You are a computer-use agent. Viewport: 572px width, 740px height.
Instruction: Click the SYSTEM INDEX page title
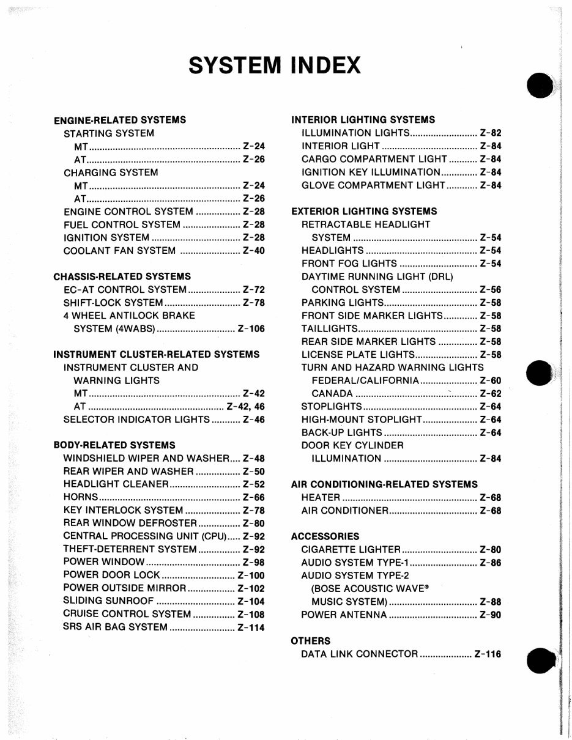[x=275, y=64]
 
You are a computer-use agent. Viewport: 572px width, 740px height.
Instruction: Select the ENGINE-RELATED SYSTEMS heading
[x=120, y=120]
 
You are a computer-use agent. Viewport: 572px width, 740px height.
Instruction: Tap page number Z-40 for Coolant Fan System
[x=253, y=251]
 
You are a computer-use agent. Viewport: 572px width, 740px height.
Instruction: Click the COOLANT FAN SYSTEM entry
[x=119, y=251]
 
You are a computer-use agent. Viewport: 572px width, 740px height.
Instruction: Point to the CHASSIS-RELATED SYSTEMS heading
[x=122, y=276]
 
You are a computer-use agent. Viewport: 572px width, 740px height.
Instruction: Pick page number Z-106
[x=251, y=329]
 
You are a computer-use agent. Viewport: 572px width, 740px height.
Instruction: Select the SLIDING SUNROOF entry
[x=108, y=601]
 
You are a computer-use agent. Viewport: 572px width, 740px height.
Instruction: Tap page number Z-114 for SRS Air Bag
[x=251, y=627]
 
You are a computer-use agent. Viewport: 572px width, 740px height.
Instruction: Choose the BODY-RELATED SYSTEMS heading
[x=114, y=445]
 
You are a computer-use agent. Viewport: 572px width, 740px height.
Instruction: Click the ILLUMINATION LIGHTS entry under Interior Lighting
[x=355, y=133]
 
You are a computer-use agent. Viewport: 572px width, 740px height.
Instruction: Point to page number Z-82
[x=491, y=133]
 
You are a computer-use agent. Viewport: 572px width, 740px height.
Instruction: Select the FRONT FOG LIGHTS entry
[x=349, y=264]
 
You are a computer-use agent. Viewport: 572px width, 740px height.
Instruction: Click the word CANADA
[x=332, y=394]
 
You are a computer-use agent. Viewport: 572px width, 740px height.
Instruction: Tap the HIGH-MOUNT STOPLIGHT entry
[x=362, y=420]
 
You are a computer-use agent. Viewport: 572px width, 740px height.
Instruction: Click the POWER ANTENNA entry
[x=344, y=615]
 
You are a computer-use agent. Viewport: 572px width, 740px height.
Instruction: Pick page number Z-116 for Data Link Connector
[x=488, y=654]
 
